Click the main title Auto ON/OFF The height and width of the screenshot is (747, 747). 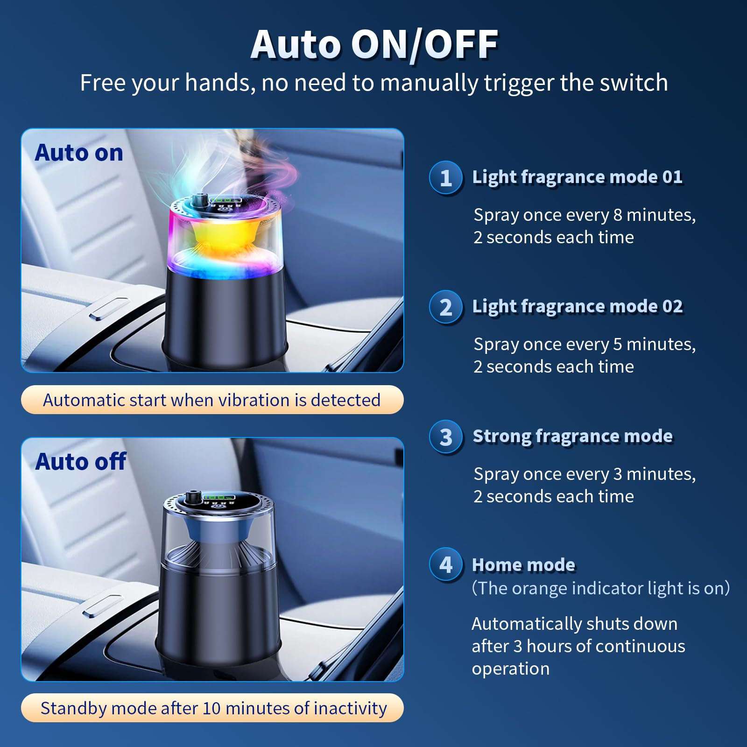point(374,45)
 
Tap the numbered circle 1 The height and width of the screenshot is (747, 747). point(446,177)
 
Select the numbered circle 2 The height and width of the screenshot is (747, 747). point(446,307)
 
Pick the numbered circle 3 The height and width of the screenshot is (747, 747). point(446,437)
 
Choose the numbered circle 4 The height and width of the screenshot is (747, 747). point(446,564)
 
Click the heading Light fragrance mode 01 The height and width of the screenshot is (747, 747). point(578,177)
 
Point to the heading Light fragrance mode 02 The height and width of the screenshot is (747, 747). point(578,307)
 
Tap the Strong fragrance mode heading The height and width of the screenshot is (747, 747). point(573,436)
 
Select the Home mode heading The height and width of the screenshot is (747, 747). point(523,564)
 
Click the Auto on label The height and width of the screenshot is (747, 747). point(79,153)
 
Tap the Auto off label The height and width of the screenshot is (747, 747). point(81,461)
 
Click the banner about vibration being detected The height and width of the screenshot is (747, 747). point(212,400)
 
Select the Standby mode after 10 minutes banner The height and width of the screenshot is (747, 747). point(212,708)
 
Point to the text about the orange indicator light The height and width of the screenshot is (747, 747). point(601,588)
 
